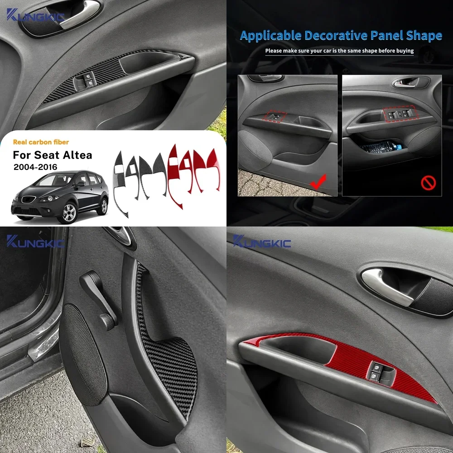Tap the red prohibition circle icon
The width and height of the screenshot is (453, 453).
[428, 183]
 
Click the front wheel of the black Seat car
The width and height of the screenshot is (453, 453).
[69, 212]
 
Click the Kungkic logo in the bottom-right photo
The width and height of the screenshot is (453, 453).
[262, 242]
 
